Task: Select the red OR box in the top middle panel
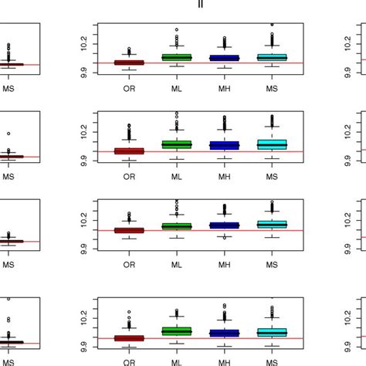point(129,63)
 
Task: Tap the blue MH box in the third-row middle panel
point(225,225)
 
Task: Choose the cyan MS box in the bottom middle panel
point(272,332)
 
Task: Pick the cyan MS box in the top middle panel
point(272,57)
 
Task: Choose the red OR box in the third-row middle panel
point(129,230)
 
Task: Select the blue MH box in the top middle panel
point(225,58)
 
